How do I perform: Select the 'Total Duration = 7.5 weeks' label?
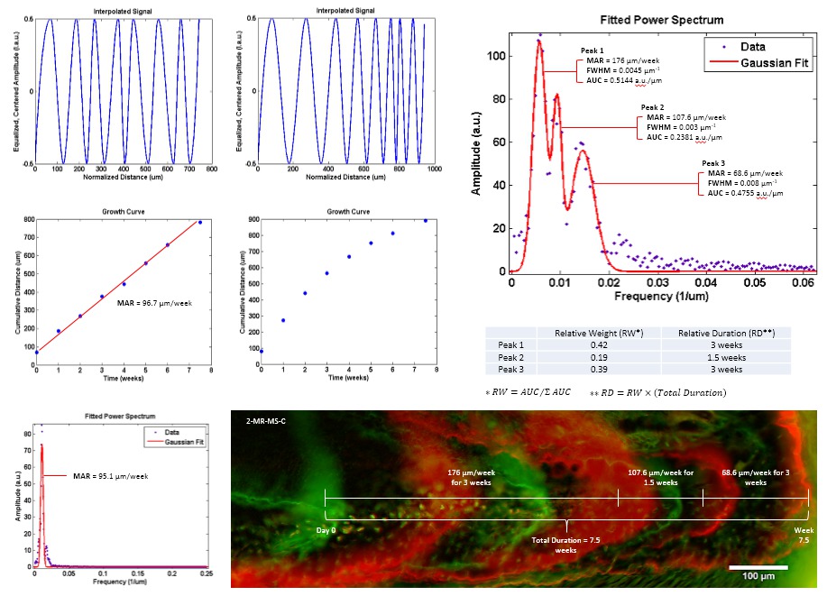point(565,543)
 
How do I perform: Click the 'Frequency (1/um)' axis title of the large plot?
point(664,296)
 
